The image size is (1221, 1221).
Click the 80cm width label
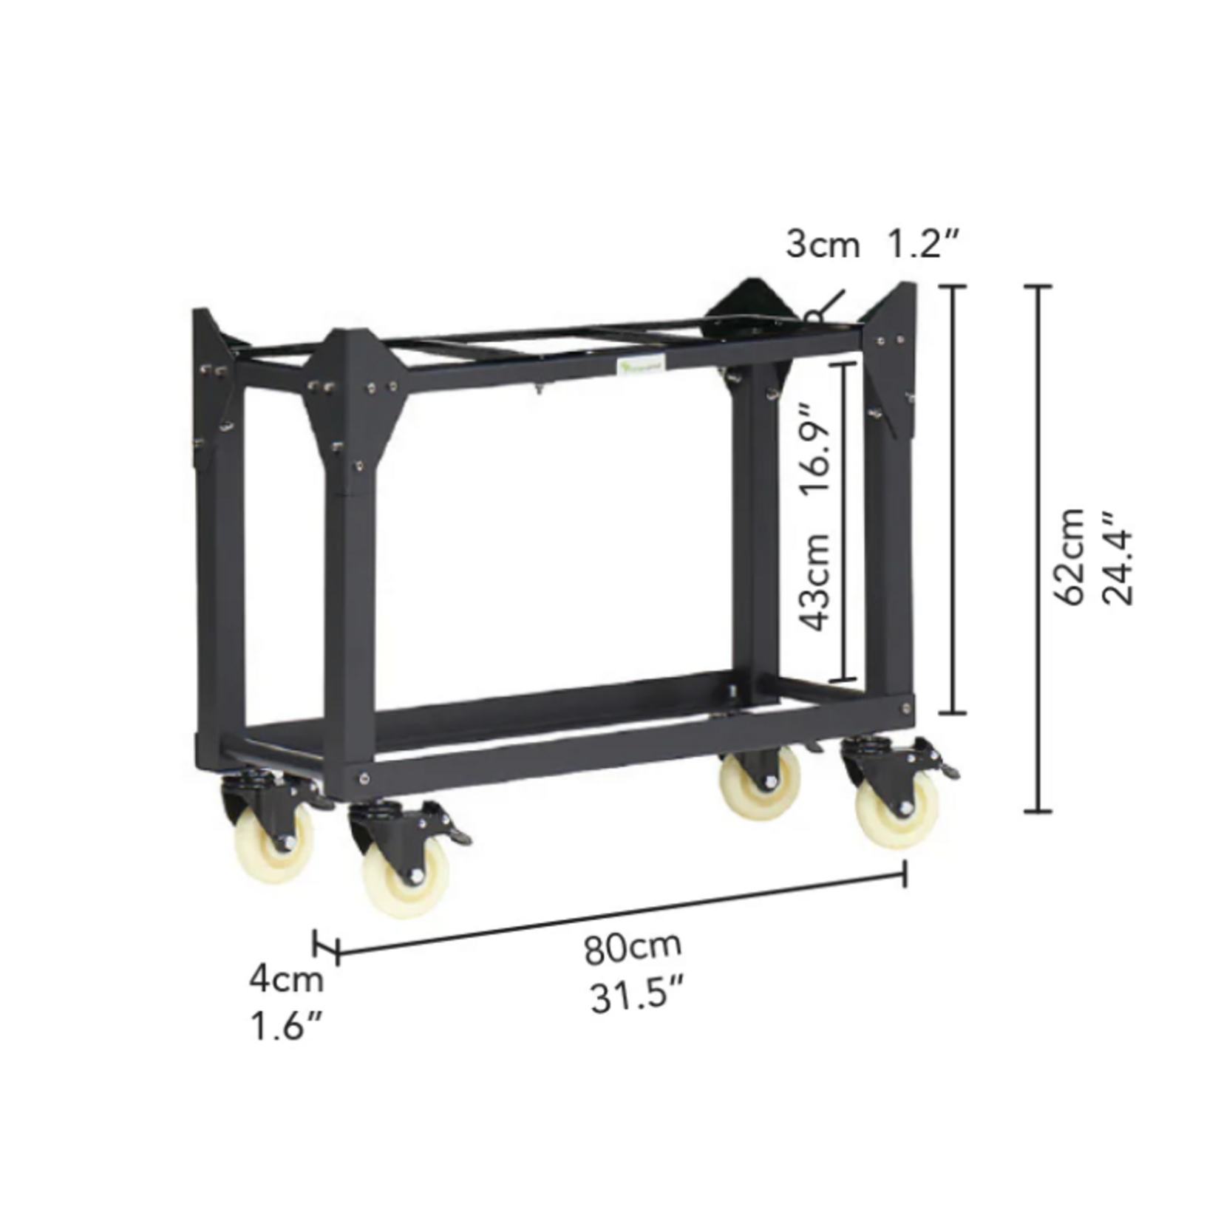click(633, 948)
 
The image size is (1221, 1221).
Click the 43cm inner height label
click(817, 582)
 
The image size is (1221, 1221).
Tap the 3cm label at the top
click(822, 245)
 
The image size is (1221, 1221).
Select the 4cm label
click(287, 979)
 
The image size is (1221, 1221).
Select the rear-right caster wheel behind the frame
click(761, 783)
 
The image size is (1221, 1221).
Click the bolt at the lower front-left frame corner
click(364, 777)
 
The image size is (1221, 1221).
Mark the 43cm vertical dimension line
click(844, 521)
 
